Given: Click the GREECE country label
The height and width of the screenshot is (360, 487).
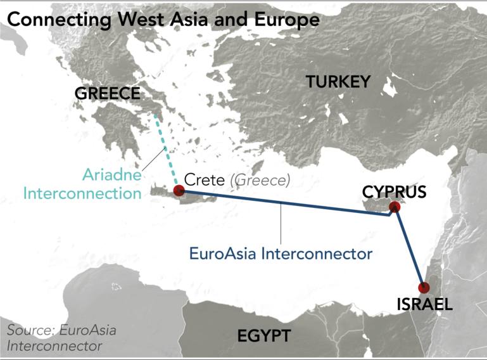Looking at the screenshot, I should [107, 93].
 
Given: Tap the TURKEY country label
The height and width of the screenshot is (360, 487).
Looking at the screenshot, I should [337, 81].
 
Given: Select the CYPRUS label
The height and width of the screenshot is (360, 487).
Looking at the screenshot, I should [394, 191].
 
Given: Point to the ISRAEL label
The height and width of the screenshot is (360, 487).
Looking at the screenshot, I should [424, 304].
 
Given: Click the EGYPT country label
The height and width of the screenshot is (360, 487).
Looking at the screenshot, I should [263, 335].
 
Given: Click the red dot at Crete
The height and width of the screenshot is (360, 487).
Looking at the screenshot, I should [179, 190].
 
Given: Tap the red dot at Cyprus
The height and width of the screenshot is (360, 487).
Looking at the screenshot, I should [395, 207].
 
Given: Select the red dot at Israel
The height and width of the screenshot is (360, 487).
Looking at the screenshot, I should [424, 287].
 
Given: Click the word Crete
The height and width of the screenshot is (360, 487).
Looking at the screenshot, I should [205, 180].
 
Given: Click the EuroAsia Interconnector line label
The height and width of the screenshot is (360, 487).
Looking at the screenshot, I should [280, 254].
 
